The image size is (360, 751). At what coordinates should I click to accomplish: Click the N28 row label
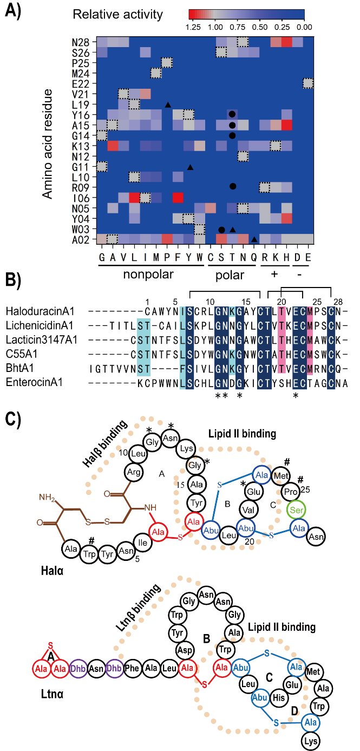click(85, 42)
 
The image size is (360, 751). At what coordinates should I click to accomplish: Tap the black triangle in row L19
click(168, 104)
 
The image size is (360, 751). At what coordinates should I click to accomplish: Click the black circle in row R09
click(232, 186)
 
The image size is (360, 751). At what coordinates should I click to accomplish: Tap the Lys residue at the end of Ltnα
click(310, 740)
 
